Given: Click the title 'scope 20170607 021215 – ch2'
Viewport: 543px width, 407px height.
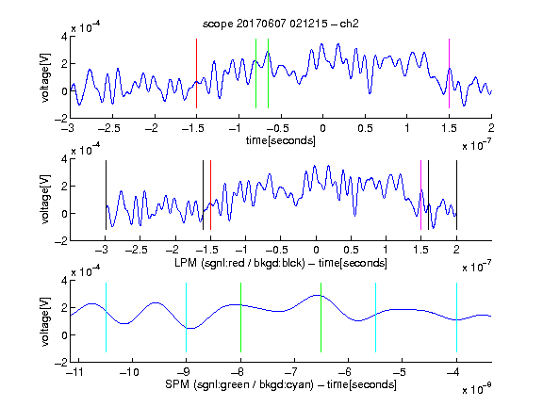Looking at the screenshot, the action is (x=281, y=24).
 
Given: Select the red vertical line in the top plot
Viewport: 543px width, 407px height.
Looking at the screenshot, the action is (x=196, y=73).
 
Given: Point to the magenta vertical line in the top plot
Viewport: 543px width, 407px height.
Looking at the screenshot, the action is (x=449, y=73).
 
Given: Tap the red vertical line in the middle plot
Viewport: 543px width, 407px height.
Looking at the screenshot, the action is (x=210, y=195).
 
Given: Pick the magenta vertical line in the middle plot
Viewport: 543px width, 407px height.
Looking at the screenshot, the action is (x=420, y=195).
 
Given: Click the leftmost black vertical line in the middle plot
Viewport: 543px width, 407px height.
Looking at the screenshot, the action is (x=106, y=195).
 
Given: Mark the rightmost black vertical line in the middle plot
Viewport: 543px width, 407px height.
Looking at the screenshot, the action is (x=456, y=195).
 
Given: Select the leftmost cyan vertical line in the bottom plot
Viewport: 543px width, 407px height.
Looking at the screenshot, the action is (x=106, y=317).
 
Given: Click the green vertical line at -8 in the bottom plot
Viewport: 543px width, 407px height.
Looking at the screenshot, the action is (x=240, y=317).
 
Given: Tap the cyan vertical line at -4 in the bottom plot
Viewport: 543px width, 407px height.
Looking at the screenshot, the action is (x=456, y=317).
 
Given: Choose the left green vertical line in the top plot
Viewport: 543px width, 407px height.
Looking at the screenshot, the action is (x=255, y=73).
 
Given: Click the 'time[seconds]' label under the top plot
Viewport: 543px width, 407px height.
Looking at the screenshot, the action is (x=281, y=140).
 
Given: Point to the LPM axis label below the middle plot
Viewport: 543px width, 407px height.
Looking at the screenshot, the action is (x=281, y=263).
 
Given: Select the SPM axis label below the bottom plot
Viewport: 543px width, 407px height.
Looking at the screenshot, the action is (x=281, y=384).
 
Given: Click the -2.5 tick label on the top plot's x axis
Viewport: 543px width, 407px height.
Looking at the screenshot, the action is (x=108, y=128).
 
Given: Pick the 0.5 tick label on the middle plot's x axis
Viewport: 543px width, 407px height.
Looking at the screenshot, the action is (x=351, y=250).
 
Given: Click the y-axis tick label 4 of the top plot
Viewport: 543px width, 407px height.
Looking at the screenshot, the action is (x=64, y=37).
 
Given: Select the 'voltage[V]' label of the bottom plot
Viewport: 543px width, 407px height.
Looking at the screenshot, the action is (x=45, y=322).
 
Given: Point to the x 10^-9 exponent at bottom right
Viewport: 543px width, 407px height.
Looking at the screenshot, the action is (x=477, y=389).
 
